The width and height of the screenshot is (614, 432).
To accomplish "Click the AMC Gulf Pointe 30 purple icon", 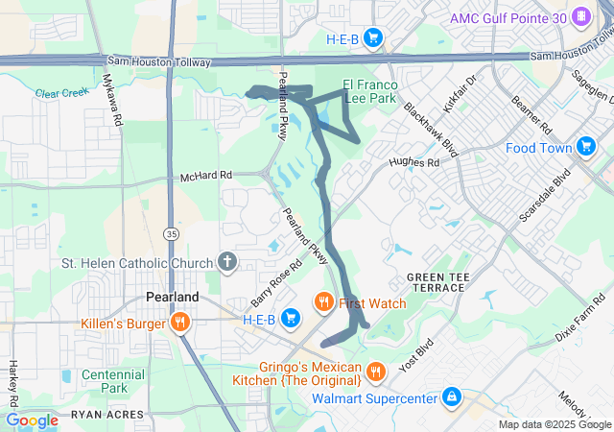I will [x=580, y=17].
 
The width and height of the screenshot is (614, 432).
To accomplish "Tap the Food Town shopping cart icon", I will [x=587, y=147].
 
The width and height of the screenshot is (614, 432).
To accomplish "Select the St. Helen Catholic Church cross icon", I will [x=227, y=262].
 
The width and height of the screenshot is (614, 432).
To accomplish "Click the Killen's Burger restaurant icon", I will [x=178, y=323].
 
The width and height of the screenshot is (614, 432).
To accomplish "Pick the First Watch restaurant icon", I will [x=324, y=303].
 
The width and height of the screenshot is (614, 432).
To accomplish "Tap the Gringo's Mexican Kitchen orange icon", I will [x=376, y=370].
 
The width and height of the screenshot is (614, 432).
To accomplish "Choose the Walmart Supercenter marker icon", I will [x=451, y=396].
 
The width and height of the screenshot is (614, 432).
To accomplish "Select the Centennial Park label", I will [x=112, y=381].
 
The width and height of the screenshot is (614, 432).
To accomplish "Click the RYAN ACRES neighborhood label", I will [x=106, y=416].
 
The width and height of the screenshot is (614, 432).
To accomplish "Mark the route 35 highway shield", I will [x=170, y=232].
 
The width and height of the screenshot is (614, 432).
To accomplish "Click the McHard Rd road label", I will [x=206, y=177].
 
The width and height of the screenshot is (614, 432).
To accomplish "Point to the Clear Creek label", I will [x=59, y=93].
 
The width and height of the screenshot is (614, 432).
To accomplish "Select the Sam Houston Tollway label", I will [x=157, y=60].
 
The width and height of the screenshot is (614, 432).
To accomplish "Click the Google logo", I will [x=32, y=420].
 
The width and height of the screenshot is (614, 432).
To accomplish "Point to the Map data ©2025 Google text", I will [x=554, y=424].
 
